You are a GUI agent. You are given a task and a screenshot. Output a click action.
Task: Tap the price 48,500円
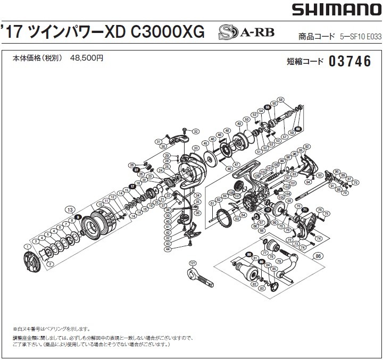pyautogui.click(x=87, y=58)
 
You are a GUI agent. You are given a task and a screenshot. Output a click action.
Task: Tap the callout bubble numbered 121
pyautogui.click(x=193, y=263)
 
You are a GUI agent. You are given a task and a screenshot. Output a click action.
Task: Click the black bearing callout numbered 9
pyautogui.click(x=78, y=216)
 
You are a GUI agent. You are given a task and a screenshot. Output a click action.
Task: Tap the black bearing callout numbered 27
pyautogui.click(x=136, y=170)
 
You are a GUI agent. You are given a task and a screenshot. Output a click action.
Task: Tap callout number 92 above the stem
pyautogui.click(x=307, y=147)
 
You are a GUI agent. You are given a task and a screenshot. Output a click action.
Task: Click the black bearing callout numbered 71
pyautogui.click(x=305, y=210)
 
